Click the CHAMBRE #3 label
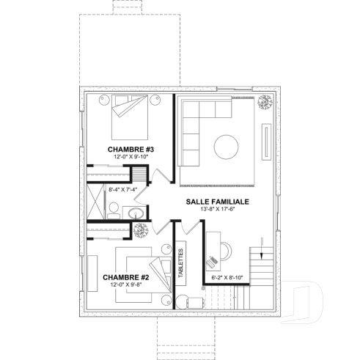129,149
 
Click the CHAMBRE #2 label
126,277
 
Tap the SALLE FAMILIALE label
218,201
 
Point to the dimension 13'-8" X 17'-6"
218,209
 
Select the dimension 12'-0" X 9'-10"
130,157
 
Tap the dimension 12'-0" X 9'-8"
127,284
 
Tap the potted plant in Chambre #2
138,231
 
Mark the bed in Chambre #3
131,119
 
